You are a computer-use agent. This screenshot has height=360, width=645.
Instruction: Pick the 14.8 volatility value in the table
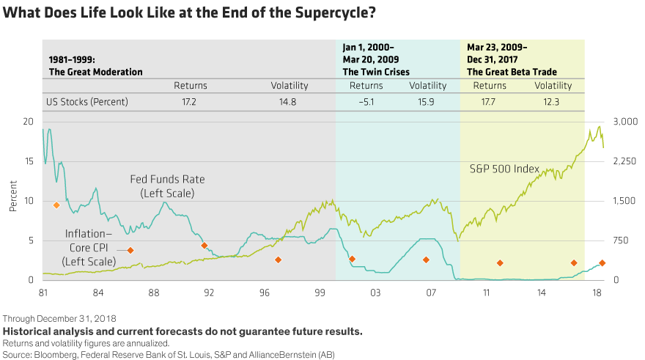pyautogui.click(x=288, y=102)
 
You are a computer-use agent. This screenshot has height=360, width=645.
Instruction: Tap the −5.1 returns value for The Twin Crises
pyautogui.click(x=366, y=102)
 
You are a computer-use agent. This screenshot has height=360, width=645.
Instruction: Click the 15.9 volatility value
pyautogui.click(x=427, y=102)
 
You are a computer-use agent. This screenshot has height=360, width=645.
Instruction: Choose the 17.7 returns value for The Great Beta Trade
pyautogui.click(x=490, y=102)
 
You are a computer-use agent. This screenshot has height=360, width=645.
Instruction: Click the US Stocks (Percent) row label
pyautogui.click(x=88, y=102)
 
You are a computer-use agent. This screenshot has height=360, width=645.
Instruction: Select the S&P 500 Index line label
pyautogui.click(x=504, y=169)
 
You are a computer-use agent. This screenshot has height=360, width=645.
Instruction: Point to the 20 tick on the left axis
pyautogui.click(x=29, y=122)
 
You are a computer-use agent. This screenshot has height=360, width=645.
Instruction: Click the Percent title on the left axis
pyautogui.click(x=12, y=200)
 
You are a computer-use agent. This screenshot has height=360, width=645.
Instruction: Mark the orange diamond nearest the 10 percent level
pyautogui.click(x=56, y=205)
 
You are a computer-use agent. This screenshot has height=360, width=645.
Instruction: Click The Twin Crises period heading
pyautogui.click(x=376, y=72)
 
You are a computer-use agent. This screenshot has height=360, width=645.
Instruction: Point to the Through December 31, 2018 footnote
pyautogui.click(x=59, y=319)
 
